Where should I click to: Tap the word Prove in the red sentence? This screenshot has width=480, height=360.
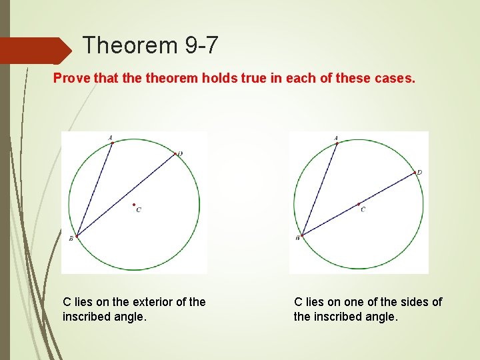coord(71,79)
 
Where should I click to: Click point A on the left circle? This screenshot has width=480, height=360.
coord(112,142)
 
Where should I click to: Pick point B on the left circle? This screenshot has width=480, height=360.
coord(77,235)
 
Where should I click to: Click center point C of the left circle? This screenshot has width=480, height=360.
coord(134,205)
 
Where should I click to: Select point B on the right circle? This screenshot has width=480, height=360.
coord(302,235)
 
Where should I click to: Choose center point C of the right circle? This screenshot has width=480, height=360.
coord(359,204)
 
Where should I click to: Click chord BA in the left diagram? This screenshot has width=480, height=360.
coord(94,189)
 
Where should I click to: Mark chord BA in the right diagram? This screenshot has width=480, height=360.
coord(319,189)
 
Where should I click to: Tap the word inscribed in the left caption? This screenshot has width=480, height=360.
coord(86,317)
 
